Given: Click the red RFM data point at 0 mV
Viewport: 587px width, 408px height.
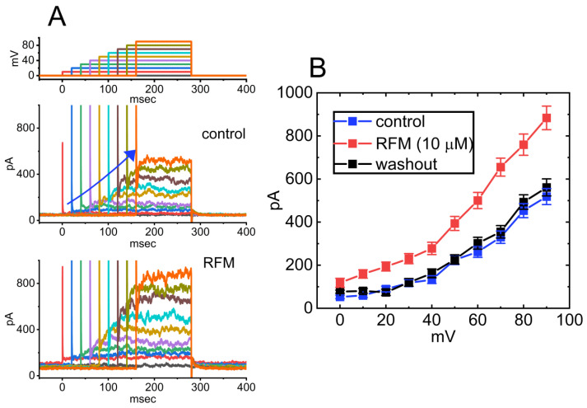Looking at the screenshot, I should pyautogui.click(x=340, y=283).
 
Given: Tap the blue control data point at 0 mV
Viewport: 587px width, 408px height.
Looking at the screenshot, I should pyautogui.click(x=340, y=297).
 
